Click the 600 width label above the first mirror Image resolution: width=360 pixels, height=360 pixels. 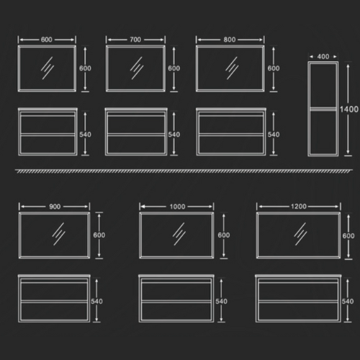coord(47,40)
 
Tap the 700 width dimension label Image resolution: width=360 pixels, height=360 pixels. coord(135,40)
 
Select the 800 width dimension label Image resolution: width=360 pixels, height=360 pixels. coord(230,40)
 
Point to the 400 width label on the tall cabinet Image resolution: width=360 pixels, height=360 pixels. coord(323,57)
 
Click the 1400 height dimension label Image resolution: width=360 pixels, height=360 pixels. coord(349,109)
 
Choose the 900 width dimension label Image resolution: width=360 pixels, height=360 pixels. coord(55,207)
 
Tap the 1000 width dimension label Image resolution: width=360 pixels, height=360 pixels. coord(177,207)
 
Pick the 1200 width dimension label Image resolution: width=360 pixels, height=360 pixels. coord(299,207)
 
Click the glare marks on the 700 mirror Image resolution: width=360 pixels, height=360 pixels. coord(137,68)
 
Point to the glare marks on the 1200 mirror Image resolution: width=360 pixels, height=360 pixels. coord(300,234)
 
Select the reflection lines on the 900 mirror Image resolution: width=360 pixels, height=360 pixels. coord(58,234)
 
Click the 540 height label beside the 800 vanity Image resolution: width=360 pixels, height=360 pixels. coord(274,135)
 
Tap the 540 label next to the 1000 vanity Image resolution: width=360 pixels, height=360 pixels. coord(221,301)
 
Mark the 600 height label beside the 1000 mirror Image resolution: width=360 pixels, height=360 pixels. coord(224,235)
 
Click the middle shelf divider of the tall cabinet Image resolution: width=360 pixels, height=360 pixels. coord(323,109)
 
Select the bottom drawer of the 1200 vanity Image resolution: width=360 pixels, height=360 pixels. coord(298,311)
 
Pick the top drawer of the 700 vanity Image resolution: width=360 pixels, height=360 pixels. coord(136,125)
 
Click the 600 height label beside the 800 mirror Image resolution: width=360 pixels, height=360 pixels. coord(274,68)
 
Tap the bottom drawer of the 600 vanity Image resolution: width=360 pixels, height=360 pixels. coord(48,145)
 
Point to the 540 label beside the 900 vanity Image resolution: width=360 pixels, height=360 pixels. coord(96,301)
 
